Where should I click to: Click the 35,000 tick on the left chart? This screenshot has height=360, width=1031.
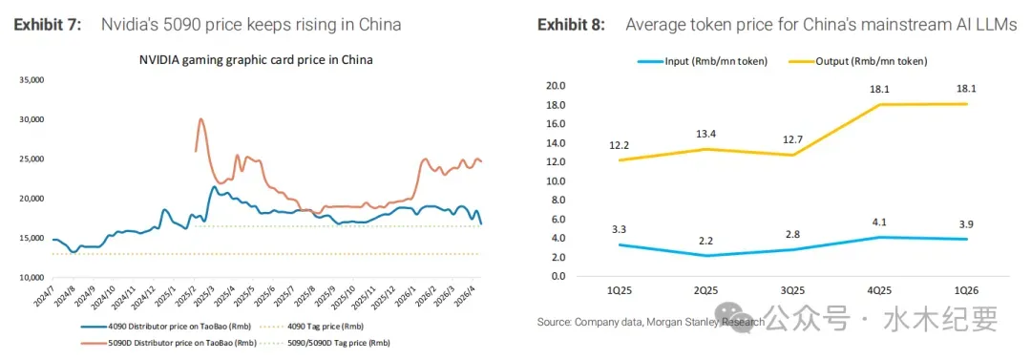[32, 80]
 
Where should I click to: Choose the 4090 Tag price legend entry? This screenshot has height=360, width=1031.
[311, 326]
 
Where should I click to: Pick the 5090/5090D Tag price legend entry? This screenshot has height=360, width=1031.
[322, 343]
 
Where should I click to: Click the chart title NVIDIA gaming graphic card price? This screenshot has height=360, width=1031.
[256, 60]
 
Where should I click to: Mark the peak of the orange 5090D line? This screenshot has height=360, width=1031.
[200, 119]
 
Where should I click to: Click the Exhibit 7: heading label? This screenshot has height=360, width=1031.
[48, 25]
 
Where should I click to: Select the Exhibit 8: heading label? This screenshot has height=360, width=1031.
[572, 25]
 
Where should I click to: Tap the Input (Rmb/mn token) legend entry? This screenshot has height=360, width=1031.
[703, 61]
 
